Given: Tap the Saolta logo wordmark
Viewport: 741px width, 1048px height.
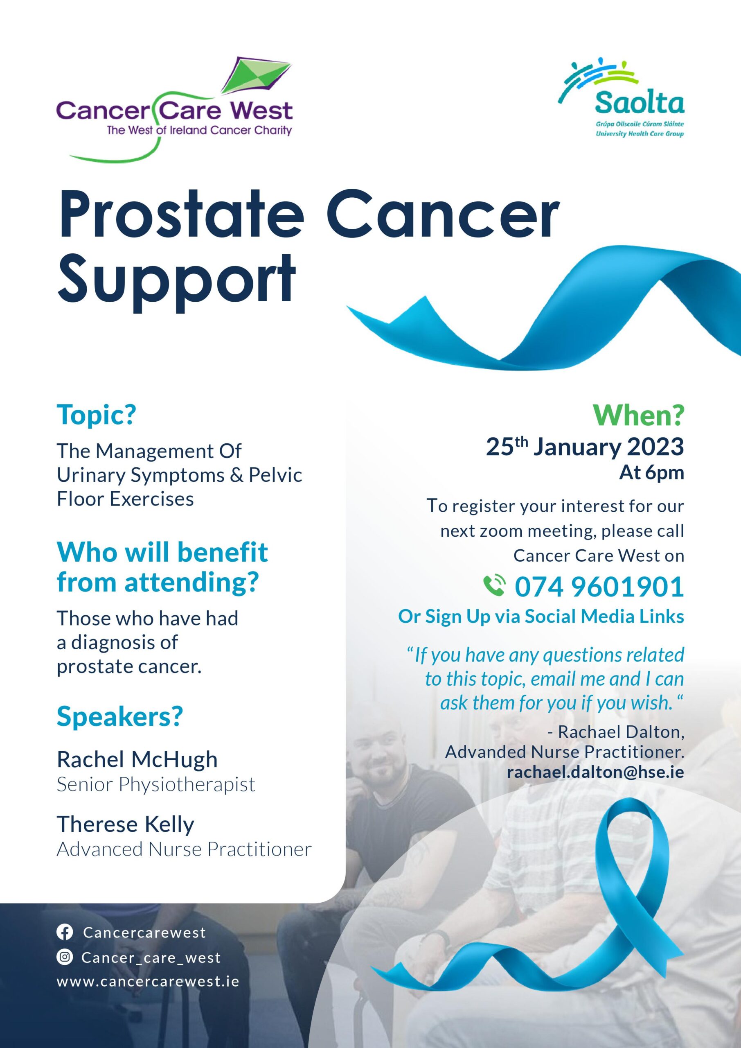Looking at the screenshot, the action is click(x=640, y=103).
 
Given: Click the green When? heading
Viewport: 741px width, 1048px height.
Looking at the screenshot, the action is click(x=639, y=416).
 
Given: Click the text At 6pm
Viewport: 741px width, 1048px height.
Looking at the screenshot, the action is click(x=651, y=473).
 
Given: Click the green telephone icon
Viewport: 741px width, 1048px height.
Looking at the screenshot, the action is click(x=495, y=586).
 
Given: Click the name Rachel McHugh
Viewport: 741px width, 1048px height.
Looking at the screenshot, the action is click(x=137, y=759).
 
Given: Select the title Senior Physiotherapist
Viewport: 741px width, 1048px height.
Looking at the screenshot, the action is click(x=156, y=785).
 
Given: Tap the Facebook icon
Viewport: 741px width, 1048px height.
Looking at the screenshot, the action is click(x=65, y=933).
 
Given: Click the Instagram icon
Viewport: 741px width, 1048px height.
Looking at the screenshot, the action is click(x=65, y=957).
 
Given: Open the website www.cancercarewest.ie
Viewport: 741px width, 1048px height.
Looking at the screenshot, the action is click(x=148, y=981).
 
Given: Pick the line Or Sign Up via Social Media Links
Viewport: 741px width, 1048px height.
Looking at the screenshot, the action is click(x=541, y=617).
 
